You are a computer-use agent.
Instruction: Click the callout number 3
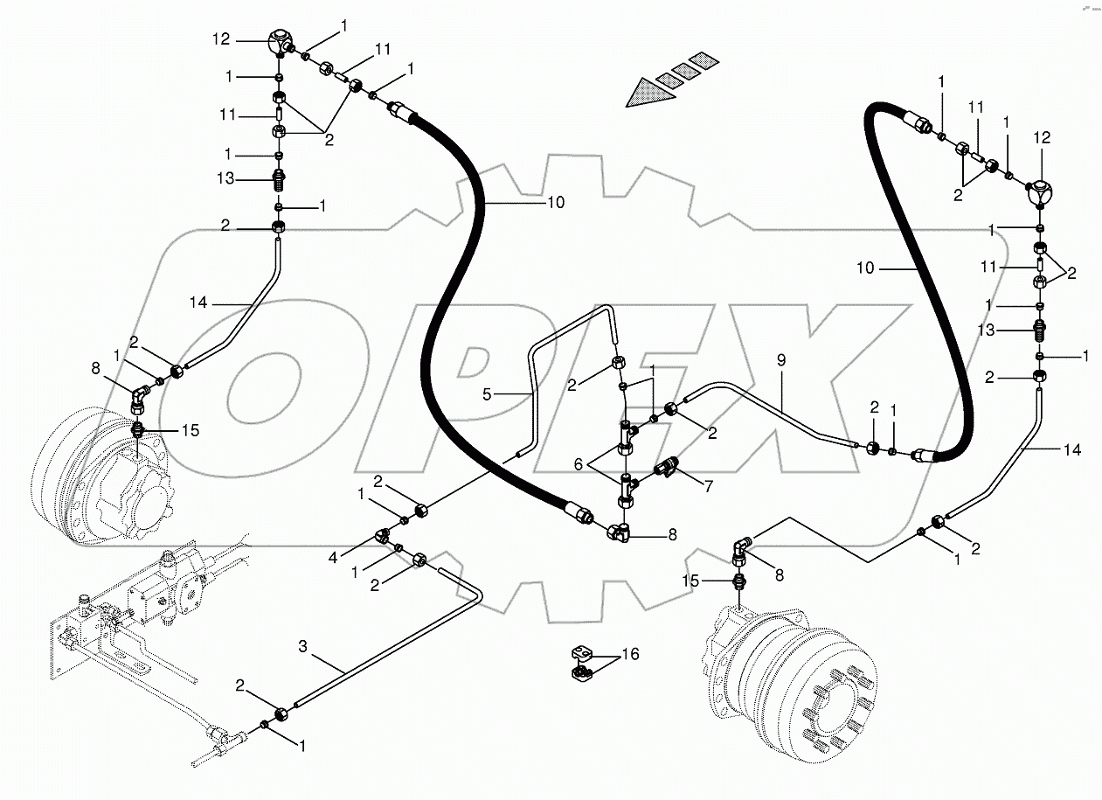pos(303,647)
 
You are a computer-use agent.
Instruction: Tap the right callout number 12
pos(1041,138)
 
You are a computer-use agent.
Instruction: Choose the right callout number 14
pos(1073,449)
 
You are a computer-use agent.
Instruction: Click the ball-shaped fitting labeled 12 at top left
pos(281,41)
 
